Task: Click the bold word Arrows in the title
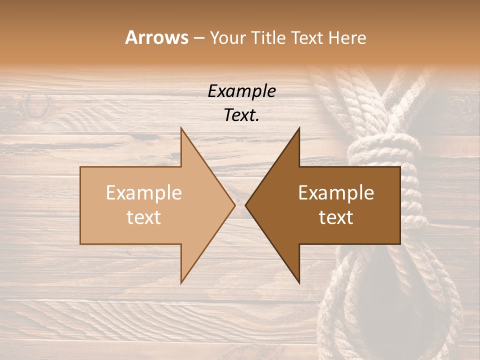[x=156, y=37]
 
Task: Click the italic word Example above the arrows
[x=241, y=91]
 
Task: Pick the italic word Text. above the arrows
[x=241, y=115]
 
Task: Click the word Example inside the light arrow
[x=144, y=192]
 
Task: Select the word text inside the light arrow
[x=144, y=217]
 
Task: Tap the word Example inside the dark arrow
[x=336, y=192]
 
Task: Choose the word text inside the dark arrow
[x=336, y=217]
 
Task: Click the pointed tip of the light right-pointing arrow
[x=234, y=204]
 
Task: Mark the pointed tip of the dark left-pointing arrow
[x=245, y=204]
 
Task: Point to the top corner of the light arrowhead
[x=181, y=127]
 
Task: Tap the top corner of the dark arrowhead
[x=299, y=127]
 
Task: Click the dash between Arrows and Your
[x=198, y=38]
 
